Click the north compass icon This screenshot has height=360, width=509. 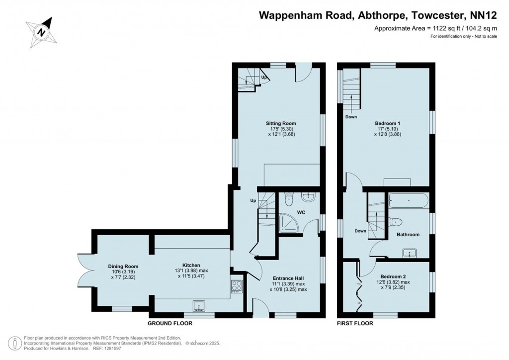41,32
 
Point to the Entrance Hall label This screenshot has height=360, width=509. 288,278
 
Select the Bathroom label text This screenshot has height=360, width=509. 408,234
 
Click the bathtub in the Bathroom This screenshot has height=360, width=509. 408,200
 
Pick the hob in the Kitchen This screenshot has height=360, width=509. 236,287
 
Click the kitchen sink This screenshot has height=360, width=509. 200,305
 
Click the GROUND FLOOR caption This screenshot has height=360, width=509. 170,323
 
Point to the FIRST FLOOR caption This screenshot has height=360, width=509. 355,323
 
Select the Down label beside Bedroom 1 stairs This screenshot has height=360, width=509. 351,117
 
